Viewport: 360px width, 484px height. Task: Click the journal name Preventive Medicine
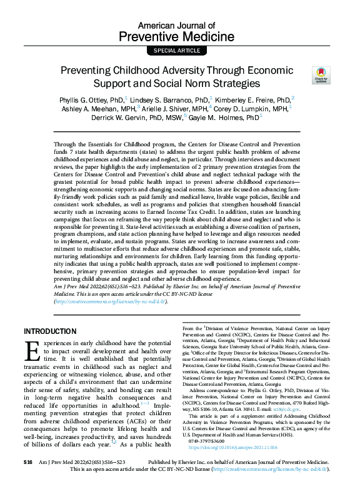[x=180, y=36]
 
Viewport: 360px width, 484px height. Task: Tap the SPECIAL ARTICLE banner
[x=180, y=50]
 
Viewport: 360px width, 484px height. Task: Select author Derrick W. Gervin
[x=118, y=117]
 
